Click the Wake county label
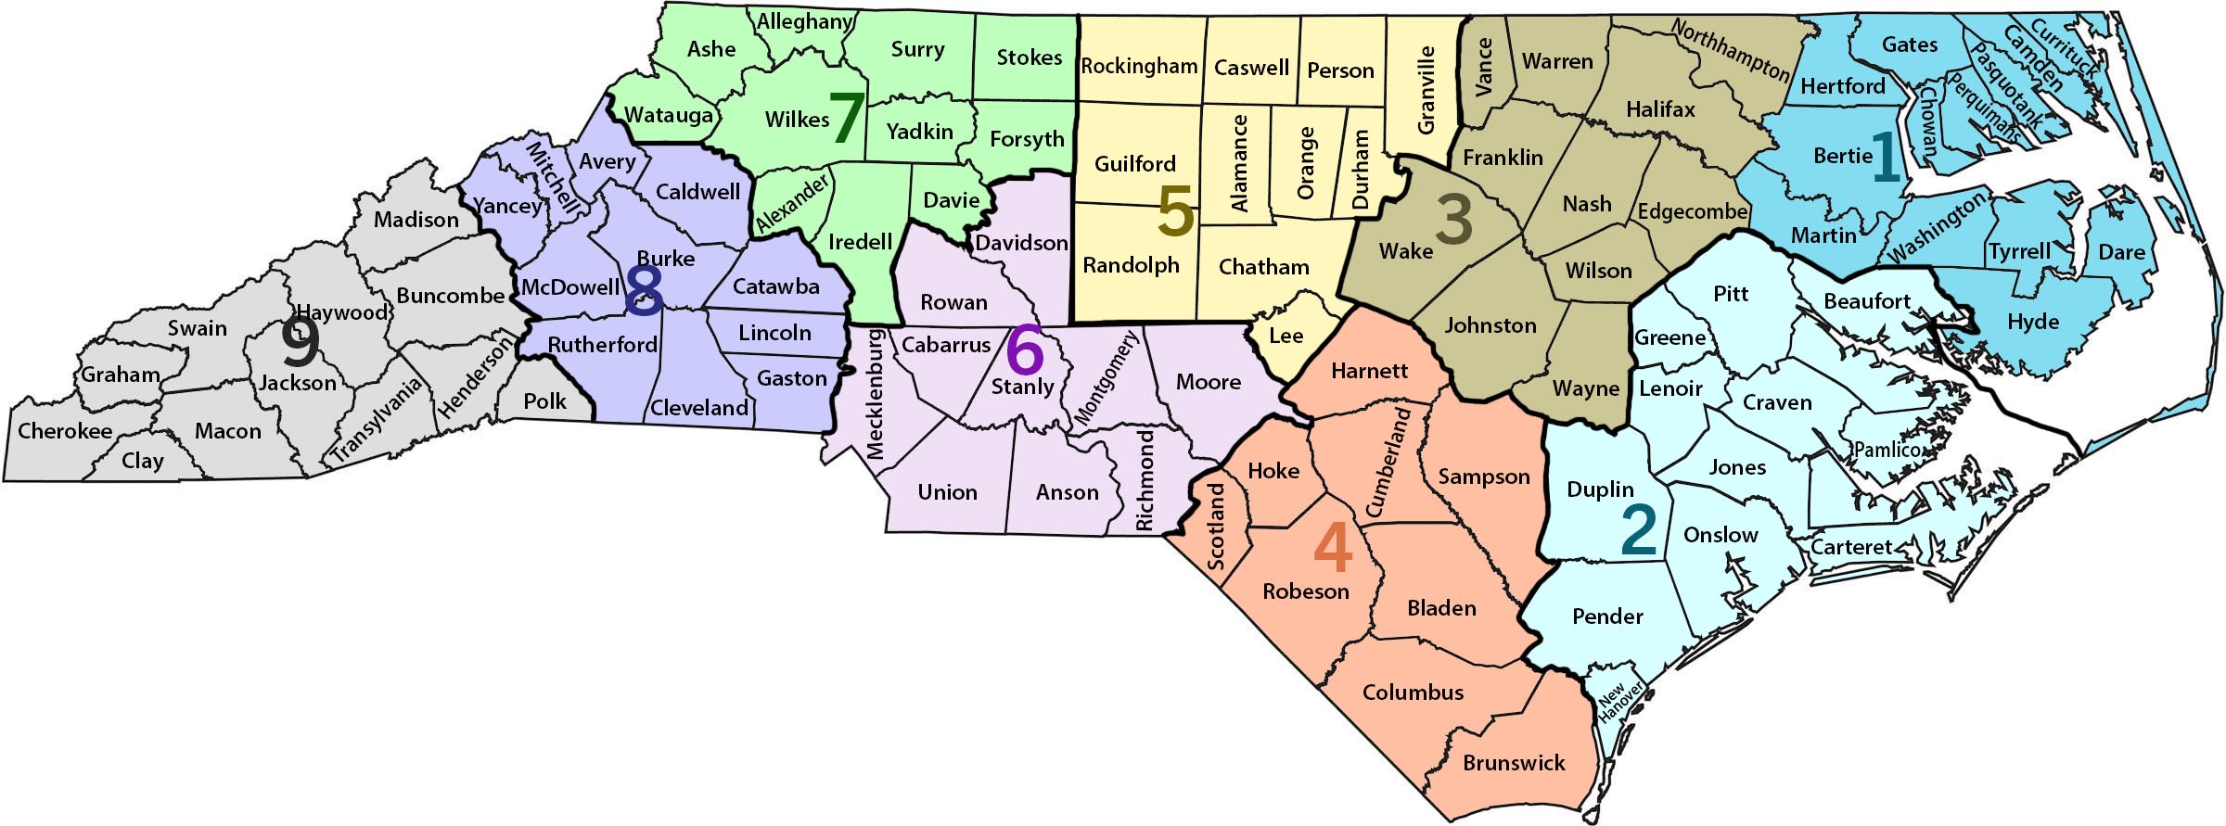pos(1405,250)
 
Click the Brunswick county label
pos(1514,763)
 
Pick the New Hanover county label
pos(1619,702)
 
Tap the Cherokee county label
pos(65,431)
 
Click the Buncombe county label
pos(450,296)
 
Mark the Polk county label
pos(544,400)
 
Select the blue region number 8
pos(645,290)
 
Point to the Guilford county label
pos(1134,164)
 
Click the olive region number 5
pos(1175,211)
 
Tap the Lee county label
pos(1286,336)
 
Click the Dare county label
pos(2121,251)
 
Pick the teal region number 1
pos(1886,158)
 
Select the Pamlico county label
pos(1887,450)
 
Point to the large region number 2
pos(1639,529)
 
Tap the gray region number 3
pos(1453,218)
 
